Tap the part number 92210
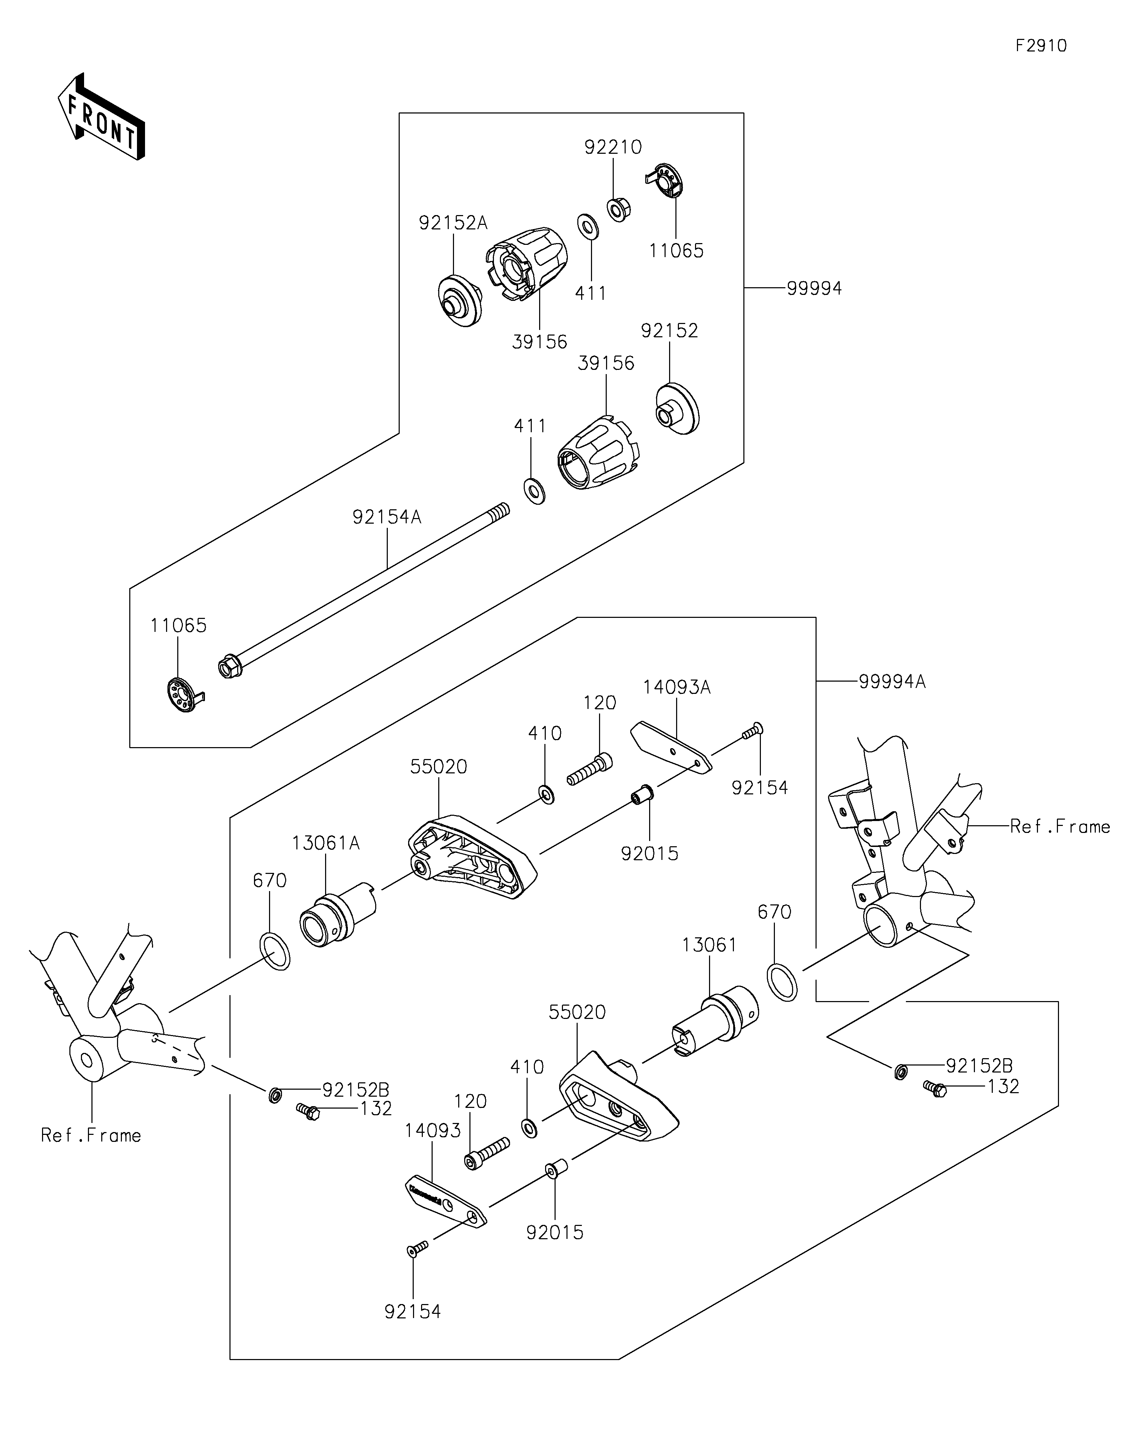(613, 147)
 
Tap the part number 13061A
(325, 843)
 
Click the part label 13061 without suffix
(709, 945)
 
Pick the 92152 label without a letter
(669, 331)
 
